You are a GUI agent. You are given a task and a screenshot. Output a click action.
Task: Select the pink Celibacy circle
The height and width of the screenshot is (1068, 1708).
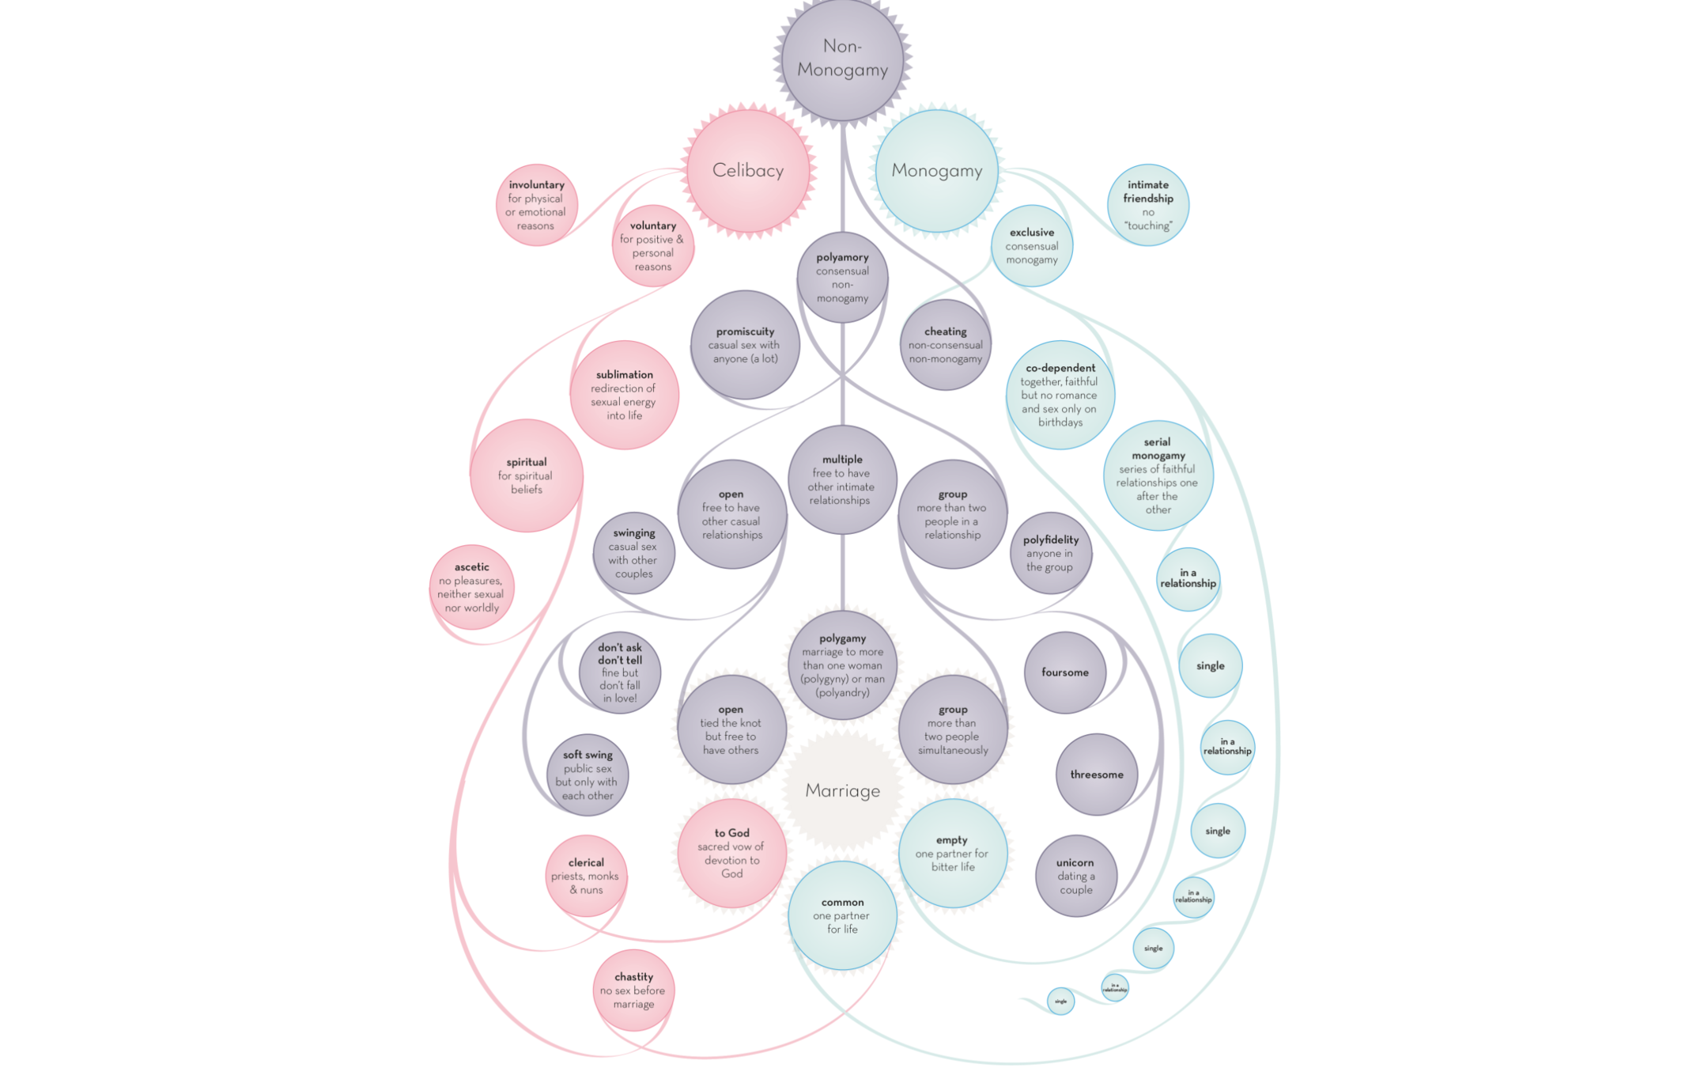pyautogui.click(x=748, y=170)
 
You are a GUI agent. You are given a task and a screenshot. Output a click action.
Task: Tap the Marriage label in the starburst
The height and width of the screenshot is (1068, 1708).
pyautogui.click(x=842, y=790)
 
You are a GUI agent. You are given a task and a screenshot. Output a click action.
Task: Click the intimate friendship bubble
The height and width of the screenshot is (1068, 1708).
pyautogui.click(x=1147, y=205)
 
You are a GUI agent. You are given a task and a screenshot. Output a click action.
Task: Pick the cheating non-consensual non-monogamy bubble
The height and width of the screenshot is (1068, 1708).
pyautogui.click(x=945, y=345)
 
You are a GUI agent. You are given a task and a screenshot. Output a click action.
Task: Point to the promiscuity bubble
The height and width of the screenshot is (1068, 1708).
pyautogui.click(x=745, y=345)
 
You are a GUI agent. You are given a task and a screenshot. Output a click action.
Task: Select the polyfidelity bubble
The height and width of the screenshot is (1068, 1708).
pyautogui.click(x=1050, y=553)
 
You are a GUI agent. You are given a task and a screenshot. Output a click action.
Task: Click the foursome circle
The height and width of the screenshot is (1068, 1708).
pyautogui.click(x=1065, y=672)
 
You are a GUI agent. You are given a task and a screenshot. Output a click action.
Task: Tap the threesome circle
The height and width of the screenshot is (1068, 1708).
pyautogui.click(x=1096, y=774)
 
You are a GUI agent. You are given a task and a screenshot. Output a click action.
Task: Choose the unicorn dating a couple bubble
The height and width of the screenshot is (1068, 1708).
pyautogui.click(x=1075, y=876)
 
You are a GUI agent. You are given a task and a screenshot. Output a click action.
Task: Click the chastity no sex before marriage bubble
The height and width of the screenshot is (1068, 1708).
pyautogui.click(x=633, y=990)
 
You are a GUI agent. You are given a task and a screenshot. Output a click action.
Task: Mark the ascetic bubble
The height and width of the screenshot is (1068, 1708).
pyautogui.click(x=471, y=587)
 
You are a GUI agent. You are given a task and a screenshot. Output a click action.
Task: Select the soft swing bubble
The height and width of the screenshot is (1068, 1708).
pyautogui.click(x=588, y=774)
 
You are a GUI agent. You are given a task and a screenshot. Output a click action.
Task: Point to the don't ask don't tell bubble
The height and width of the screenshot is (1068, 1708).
pyautogui.click(x=619, y=672)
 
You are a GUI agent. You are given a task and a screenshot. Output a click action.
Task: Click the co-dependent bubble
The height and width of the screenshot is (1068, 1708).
pyautogui.click(x=1060, y=395)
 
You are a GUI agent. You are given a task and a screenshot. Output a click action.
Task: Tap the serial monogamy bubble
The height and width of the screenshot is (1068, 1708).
pyautogui.click(x=1158, y=475)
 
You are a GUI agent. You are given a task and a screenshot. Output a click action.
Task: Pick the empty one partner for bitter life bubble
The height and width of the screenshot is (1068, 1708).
pyautogui.click(x=952, y=853)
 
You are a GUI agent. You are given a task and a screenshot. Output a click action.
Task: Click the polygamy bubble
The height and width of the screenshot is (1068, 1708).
pyautogui.click(x=842, y=665)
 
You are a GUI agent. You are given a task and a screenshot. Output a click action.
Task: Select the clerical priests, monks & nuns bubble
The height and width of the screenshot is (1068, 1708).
pyautogui.click(x=586, y=876)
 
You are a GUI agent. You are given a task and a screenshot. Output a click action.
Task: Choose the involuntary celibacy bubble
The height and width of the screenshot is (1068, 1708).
pyautogui.click(x=536, y=205)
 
